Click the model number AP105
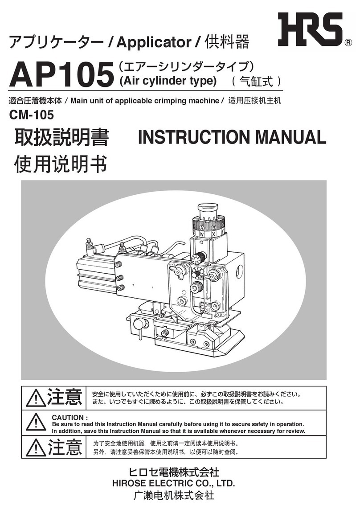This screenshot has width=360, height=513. point(60,75)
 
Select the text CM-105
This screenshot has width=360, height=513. point(32,115)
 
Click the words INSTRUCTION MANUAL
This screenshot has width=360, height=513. point(232,137)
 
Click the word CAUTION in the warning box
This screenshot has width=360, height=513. point(67,418)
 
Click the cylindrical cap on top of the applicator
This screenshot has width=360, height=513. point(208,211)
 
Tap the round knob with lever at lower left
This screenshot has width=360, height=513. point(139,324)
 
